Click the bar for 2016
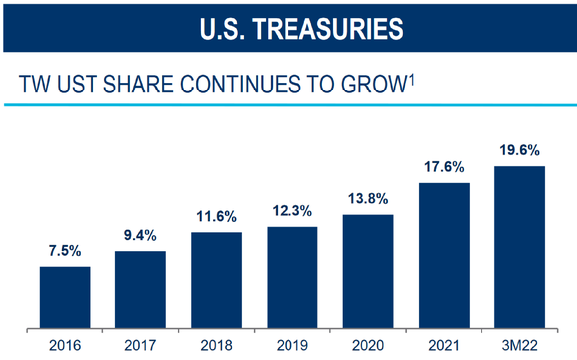pos(65,296)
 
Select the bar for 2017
pos(140,289)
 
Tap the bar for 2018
pos(216,279)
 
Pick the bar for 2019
pos(291,276)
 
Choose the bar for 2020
pos(367,270)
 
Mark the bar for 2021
pos(444,255)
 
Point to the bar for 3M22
pos(519,247)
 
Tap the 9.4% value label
pos(140,237)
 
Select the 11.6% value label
pos(216,217)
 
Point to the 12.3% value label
pos(291,212)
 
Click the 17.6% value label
pos(444,168)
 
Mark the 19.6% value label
pos(519,151)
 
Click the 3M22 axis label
pos(519,345)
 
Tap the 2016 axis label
pos(65,345)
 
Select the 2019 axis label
pos(291,345)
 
